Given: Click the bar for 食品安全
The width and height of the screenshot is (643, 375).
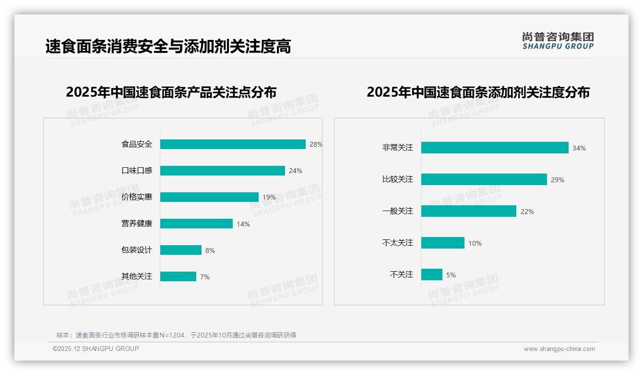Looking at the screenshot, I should pos(233,144).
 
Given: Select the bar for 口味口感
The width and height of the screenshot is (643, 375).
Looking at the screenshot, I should pos(223,171).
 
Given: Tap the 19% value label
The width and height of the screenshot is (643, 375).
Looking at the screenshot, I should pos(269,197).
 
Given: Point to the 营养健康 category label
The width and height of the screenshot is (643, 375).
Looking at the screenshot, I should pos(137,224).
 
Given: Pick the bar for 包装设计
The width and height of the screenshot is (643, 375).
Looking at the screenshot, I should pos(181,250).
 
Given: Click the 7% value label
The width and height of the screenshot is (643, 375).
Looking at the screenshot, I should pos(205,277).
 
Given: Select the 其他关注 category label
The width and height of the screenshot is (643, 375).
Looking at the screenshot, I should pos(137,276).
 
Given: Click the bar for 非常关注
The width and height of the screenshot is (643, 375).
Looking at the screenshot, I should pos(495,148).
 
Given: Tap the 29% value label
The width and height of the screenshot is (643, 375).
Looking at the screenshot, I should pos(558,180).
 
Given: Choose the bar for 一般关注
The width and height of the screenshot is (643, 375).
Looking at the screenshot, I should pos(469,211).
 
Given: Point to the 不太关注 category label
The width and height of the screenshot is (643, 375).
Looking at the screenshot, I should pos(397,243).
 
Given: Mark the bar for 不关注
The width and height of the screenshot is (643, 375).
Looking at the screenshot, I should pos(432,275).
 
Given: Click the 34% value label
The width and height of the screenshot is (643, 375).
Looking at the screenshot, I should pos(579,148).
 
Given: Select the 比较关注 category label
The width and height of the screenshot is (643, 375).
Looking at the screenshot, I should pos(397,179).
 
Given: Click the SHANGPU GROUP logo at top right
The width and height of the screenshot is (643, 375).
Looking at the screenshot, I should pos(558,41).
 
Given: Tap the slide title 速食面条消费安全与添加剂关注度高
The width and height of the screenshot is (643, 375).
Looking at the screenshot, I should pos(168,47).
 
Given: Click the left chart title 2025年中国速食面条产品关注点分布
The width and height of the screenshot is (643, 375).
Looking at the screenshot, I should pos(171,92).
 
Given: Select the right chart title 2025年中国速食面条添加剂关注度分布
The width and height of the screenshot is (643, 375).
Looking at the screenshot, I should pos(478,92).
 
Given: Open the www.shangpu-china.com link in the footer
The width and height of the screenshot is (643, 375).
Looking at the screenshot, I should pos(559,349).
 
